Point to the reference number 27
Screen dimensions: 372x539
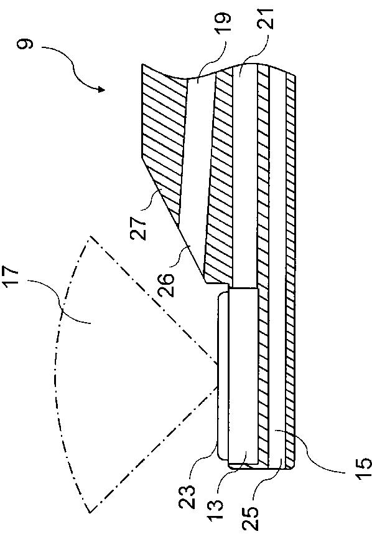[x=139, y=227]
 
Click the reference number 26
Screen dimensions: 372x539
[x=167, y=285]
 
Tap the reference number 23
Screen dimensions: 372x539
[x=187, y=497]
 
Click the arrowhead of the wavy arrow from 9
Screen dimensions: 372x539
[x=101, y=90]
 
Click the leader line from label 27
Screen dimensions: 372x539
[x=152, y=201]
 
